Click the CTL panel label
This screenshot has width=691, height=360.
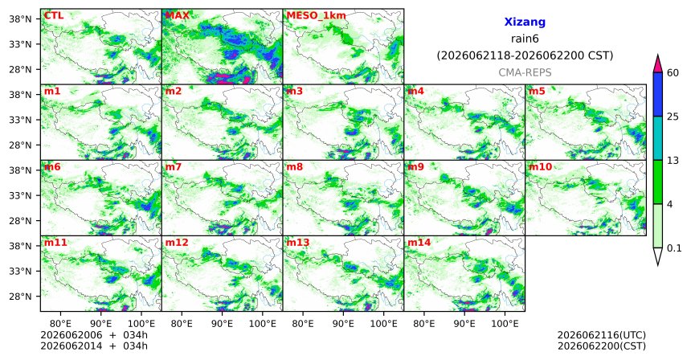click(53, 16)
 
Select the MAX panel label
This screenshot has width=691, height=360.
click(177, 16)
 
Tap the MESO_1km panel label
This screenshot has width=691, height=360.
click(316, 16)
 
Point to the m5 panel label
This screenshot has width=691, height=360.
click(537, 92)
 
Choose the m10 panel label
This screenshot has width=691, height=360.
click(540, 167)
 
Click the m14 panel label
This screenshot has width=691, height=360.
click(419, 243)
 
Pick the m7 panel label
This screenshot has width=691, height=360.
click(174, 167)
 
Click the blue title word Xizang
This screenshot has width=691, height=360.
click(525, 22)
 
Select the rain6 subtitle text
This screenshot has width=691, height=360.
click(525, 39)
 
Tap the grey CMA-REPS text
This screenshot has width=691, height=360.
click(525, 72)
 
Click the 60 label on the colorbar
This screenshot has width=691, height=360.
click(673, 72)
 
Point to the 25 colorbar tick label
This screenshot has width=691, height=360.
click(673, 117)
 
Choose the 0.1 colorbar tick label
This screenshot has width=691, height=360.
click(674, 248)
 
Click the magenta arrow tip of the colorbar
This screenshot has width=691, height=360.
click(657, 55)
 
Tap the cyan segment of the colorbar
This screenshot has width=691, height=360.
click(657, 138)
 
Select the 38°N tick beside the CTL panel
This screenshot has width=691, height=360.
click(20, 19)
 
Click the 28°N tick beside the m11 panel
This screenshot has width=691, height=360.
click(20, 297)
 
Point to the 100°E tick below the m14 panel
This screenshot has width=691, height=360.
click(505, 325)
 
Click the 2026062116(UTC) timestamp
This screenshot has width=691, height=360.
click(602, 336)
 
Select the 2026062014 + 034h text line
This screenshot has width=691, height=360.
click(94, 346)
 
